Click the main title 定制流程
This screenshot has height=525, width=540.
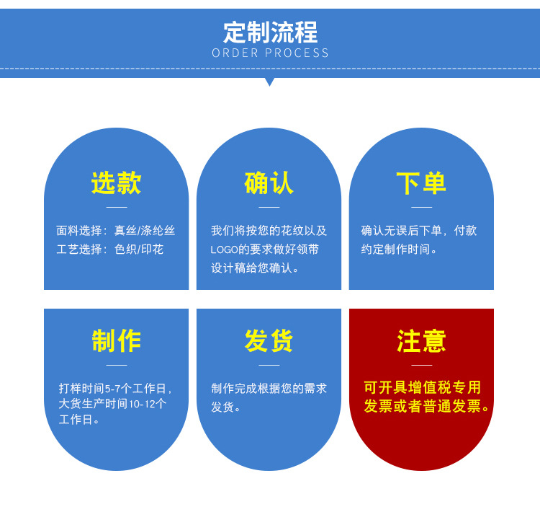[x=270, y=32]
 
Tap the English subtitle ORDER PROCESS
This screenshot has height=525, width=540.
[x=270, y=53]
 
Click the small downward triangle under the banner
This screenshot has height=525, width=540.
[x=270, y=81]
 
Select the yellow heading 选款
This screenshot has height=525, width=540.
[x=117, y=183]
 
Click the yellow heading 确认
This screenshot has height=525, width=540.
[x=269, y=183]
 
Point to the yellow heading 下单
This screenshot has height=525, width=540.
[x=421, y=183]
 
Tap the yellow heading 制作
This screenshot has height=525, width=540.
[x=117, y=341]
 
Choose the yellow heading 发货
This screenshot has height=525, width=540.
[x=269, y=341]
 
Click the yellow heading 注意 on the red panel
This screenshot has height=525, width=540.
[x=421, y=341]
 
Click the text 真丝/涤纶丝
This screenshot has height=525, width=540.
[x=145, y=231]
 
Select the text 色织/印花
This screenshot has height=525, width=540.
[x=139, y=249]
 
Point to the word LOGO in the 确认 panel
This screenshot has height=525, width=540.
[x=224, y=250]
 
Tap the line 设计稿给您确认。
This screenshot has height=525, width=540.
[x=254, y=268]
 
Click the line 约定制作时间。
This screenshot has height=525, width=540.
[x=399, y=249]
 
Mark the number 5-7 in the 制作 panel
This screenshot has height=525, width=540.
[x=113, y=389]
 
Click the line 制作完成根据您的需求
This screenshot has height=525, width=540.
[x=269, y=389]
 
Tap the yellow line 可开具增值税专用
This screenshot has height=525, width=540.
[x=422, y=387]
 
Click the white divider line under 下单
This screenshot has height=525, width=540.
[x=421, y=207]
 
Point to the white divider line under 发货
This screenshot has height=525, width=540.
[x=269, y=365]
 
